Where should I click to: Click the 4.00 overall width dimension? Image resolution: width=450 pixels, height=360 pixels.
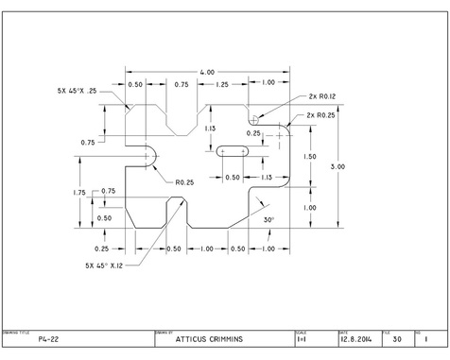(207, 72)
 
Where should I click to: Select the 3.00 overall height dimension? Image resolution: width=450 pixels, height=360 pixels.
(337, 166)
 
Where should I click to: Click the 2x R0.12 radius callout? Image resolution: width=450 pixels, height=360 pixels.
(324, 96)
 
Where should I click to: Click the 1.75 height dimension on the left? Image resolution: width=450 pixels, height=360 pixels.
(80, 192)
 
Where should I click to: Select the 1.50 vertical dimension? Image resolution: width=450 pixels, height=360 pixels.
(309, 157)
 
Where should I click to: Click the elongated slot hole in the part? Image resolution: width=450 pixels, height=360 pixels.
(233, 151)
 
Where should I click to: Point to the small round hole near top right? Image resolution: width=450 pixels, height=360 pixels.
(254, 120)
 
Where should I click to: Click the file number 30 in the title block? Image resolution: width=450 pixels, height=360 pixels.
(397, 339)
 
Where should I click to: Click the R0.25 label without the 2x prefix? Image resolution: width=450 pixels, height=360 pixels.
(185, 181)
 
